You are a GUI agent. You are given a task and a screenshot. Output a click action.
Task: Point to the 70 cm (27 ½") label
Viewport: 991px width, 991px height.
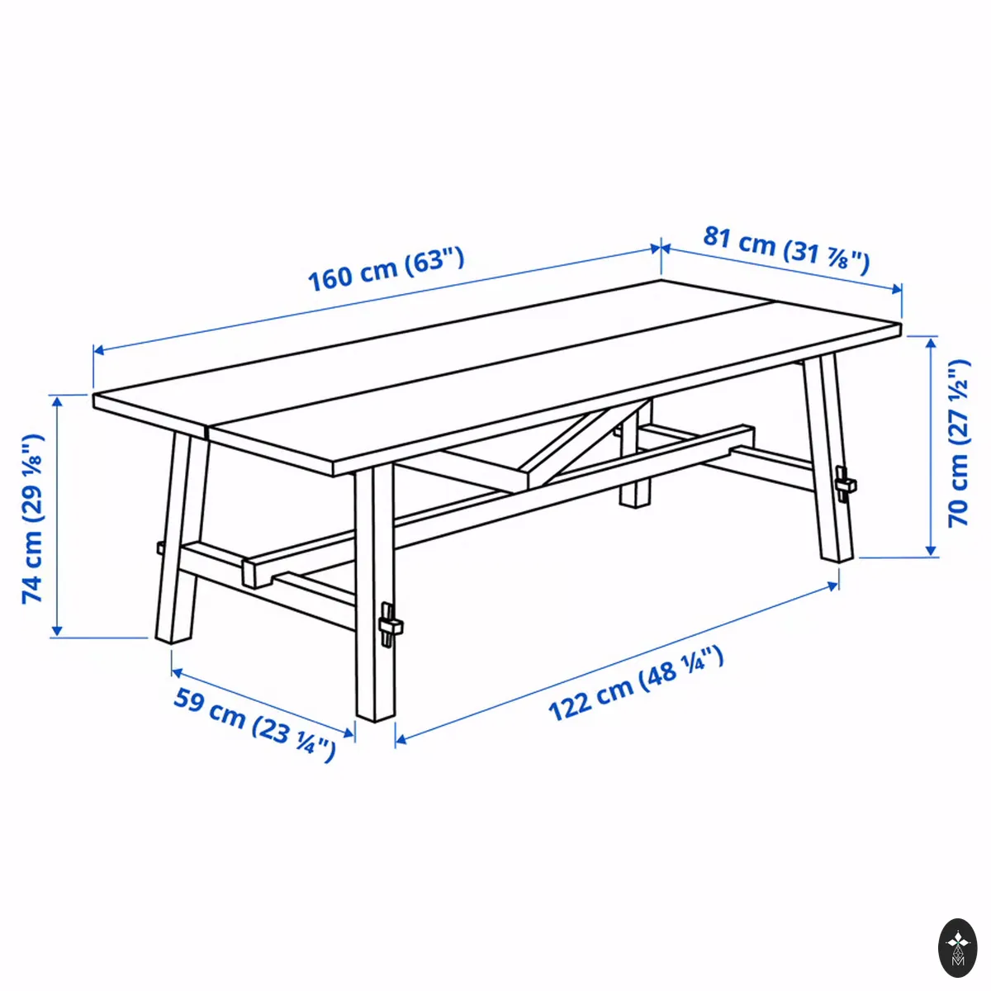959,443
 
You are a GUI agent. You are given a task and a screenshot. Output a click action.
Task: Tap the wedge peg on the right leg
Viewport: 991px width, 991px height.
845,484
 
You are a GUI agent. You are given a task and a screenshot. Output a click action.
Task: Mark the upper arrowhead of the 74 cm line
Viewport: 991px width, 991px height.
57,401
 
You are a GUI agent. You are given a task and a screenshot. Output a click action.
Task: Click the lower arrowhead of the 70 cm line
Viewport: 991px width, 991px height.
931,550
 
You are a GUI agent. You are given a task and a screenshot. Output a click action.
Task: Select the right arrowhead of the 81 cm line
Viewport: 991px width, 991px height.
896,289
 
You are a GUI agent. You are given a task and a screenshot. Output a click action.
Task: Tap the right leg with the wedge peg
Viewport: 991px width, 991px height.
827,458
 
